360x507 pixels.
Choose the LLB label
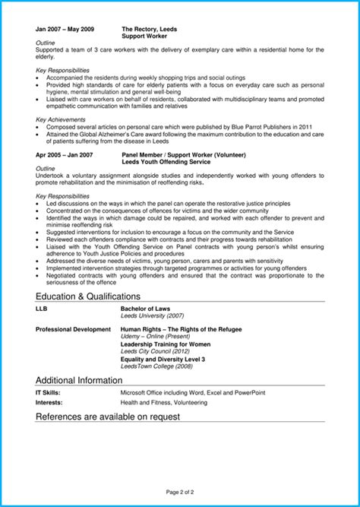click(42, 309)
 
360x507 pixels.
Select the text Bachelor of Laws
click(147, 309)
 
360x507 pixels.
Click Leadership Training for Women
click(165, 344)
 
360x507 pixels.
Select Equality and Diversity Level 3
click(163, 358)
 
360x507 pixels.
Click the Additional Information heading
click(79, 379)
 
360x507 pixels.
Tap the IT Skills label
click(48, 392)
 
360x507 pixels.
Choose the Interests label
click(49, 402)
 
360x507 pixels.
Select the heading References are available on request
click(107, 417)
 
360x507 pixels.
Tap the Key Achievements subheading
click(60, 119)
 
